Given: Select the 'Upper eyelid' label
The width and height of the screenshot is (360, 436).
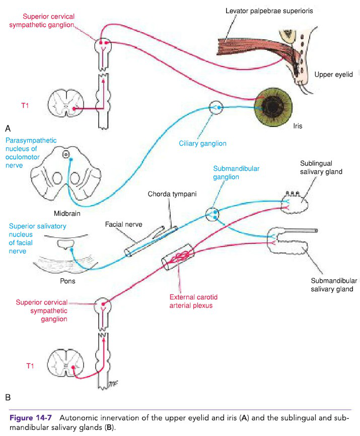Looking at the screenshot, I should pyautogui.click(x=333, y=75).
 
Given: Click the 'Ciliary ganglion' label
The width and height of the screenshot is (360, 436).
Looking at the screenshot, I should pyautogui.click(x=202, y=144).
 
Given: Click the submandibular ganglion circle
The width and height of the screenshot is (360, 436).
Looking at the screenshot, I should pyautogui.click(x=213, y=215).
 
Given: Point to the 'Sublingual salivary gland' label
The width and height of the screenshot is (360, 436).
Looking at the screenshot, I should pyautogui.click(x=321, y=168).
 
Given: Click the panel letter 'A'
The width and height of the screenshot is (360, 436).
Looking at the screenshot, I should pyautogui.click(x=8, y=129).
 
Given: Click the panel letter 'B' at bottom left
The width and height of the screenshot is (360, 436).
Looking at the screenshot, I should pyautogui.click(x=8, y=398).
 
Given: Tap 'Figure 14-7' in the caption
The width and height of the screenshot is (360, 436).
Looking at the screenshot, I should pyautogui.click(x=32, y=419).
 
